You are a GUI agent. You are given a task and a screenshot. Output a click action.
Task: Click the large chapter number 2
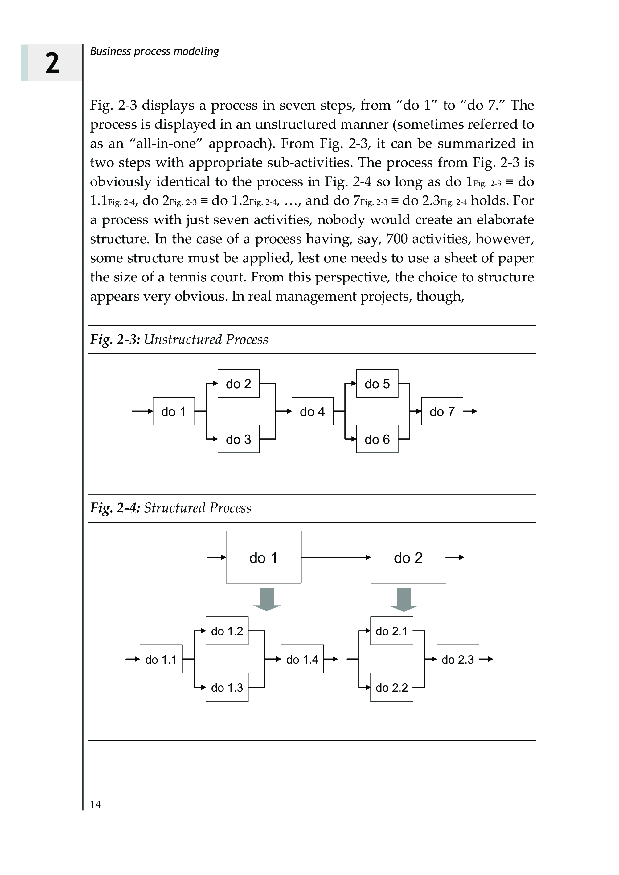pyautogui.click(x=52, y=63)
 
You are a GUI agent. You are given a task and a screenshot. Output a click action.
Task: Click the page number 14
pyautogui.click(x=95, y=804)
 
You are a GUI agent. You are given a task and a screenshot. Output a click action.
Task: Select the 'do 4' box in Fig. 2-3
pyautogui.click(x=312, y=411)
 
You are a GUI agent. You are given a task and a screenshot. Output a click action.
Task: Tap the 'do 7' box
pyautogui.click(x=442, y=411)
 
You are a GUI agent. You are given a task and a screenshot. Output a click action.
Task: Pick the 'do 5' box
pyautogui.click(x=377, y=384)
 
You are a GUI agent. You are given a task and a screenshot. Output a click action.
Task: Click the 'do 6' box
pyautogui.click(x=377, y=439)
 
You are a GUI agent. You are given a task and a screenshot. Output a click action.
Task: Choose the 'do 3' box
pyautogui.click(x=238, y=439)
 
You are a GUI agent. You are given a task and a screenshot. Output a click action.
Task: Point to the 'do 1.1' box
pyautogui.click(x=161, y=659)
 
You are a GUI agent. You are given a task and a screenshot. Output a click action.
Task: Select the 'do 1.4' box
pyautogui.click(x=302, y=659)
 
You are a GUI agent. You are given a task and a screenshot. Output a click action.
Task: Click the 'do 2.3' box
pyautogui.click(x=457, y=659)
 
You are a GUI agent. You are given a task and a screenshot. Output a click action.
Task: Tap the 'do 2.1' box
pyautogui.click(x=391, y=631)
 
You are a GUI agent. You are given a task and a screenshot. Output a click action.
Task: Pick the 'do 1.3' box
pyautogui.click(x=227, y=688)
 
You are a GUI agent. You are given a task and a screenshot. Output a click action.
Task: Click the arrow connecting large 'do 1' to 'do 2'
pyautogui.click(x=335, y=557)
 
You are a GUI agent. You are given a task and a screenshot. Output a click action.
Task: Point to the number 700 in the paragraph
pyautogui.click(x=397, y=239)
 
